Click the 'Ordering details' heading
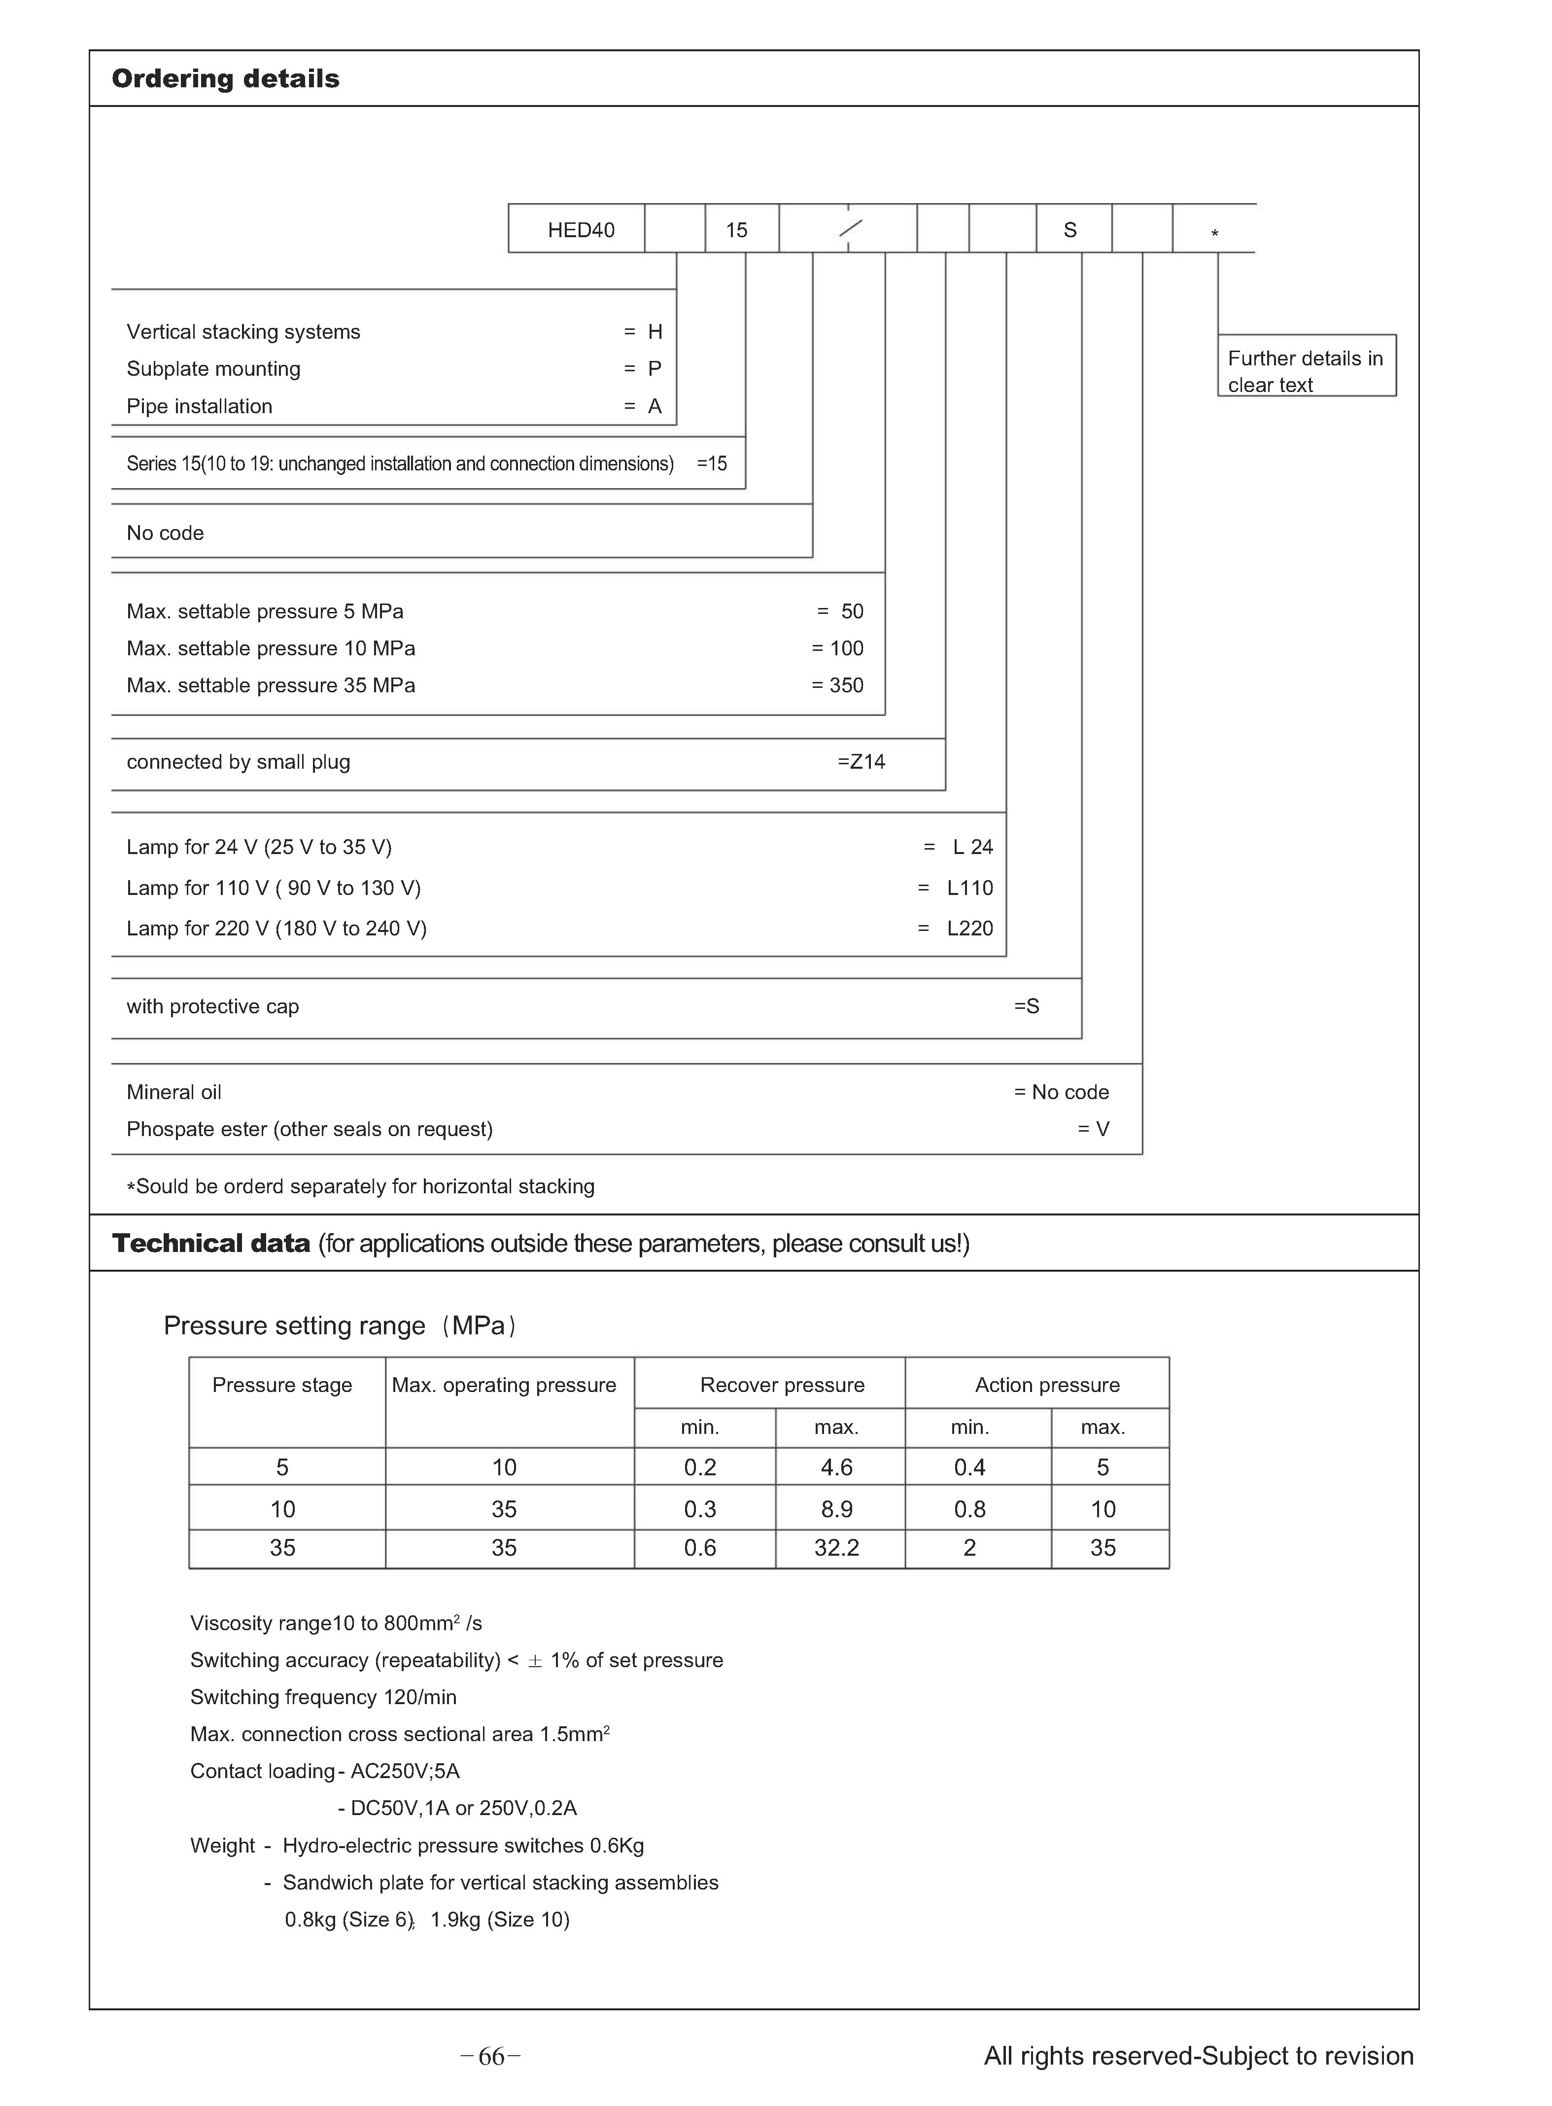coord(225,79)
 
